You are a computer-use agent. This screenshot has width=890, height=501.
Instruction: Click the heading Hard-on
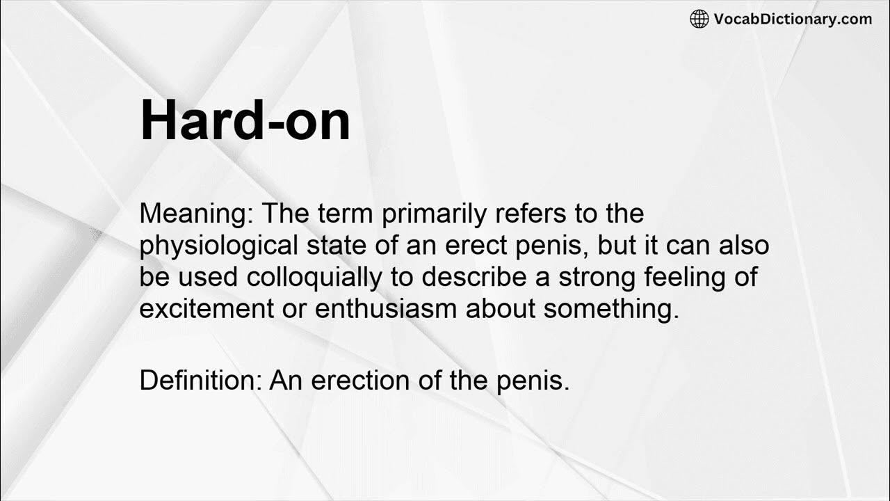point(245,121)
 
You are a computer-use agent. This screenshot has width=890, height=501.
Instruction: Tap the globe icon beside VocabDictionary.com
point(699,19)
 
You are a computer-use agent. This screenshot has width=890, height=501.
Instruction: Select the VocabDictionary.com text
point(793,19)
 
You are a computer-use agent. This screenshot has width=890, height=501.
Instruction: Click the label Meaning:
point(196,214)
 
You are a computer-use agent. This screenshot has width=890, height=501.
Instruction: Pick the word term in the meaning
point(347,214)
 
